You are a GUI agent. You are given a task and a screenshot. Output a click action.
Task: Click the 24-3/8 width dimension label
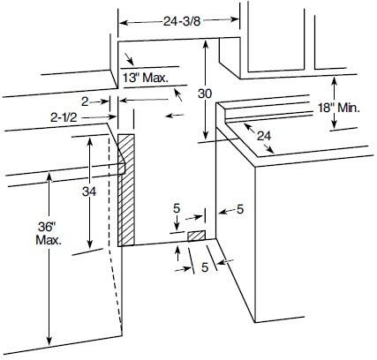[x=182, y=21]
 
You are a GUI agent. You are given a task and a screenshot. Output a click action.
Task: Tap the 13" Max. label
[x=146, y=78]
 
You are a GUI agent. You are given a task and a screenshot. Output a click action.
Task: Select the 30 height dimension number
[x=205, y=94]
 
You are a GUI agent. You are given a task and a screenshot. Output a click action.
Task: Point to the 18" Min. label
[x=339, y=108]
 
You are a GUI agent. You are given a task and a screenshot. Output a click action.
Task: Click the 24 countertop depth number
[x=264, y=136]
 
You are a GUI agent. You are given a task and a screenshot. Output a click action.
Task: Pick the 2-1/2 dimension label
[x=64, y=117]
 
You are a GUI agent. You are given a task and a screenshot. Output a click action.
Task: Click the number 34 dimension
[x=89, y=191]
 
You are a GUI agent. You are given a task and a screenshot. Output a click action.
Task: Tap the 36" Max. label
[x=49, y=234]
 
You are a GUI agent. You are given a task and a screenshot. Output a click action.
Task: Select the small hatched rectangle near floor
[x=197, y=236]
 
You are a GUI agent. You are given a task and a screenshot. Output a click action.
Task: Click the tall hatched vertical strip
[x=126, y=190]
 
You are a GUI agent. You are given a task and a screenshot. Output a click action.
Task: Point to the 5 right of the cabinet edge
[x=240, y=209]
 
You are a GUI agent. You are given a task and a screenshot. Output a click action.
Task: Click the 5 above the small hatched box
[x=177, y=208]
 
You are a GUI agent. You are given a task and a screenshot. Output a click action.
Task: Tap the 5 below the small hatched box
[x=205, y=267]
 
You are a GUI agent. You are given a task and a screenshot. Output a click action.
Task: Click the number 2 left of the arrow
[x=85, y=101]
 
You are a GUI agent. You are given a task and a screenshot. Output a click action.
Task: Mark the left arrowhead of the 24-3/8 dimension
[x=123, y=23]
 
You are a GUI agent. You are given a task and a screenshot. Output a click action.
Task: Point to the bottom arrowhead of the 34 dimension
[x=90, y=244]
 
